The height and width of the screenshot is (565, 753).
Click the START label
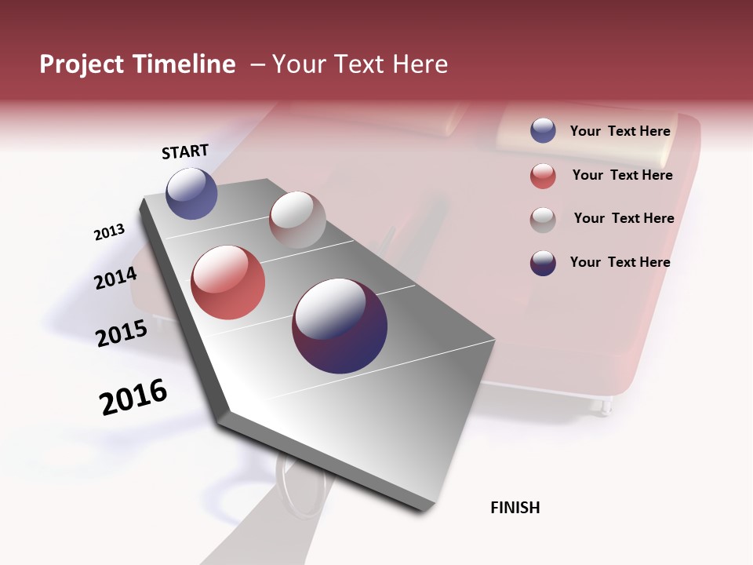click(186, 151)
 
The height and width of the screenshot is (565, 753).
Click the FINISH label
click(515, 508)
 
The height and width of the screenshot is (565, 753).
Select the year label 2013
click(110, 232)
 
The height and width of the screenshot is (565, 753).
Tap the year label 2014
click(115, 278)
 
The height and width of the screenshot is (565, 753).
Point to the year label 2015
click(122, 334)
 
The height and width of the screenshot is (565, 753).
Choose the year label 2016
click(133, 397)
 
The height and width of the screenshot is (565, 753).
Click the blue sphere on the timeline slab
click(191, 194)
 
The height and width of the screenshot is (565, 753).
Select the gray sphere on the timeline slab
click(297, 220)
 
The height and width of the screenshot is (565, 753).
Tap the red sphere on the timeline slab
click(228, 282)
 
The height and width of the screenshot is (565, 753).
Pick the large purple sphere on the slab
click(340, 326)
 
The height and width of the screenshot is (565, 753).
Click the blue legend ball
click(543, 130)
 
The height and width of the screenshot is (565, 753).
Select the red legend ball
click(543, 176)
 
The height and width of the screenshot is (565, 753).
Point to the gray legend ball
click(543, 220)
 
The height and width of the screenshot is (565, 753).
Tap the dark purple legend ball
click(543, 263)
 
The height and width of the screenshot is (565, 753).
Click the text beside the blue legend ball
click(620, 131)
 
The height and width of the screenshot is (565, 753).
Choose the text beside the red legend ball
click(622, 175)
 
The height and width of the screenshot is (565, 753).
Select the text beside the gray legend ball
click(624, 218)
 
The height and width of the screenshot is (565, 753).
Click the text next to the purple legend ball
click(620, 262)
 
